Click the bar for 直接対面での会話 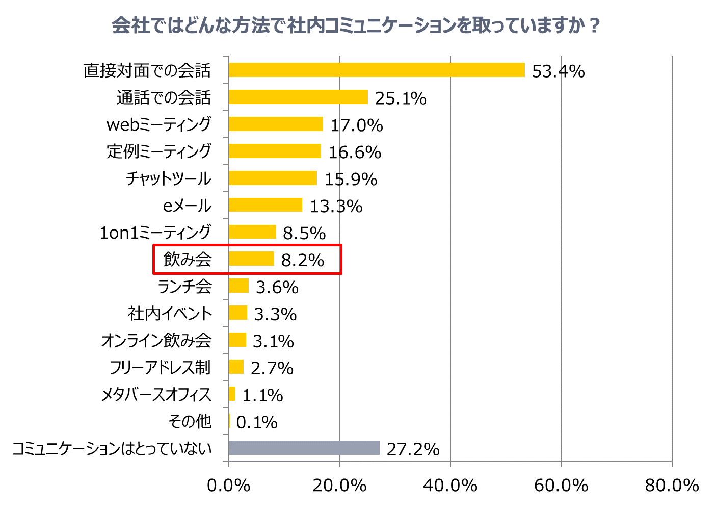(377, 70)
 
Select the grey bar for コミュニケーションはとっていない (304, 448)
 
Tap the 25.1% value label (401, 98)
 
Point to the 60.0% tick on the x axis (561, 486)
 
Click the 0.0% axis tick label (229, 486)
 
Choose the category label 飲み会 (188, 260)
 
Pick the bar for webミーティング (276, 124)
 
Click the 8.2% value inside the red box (303, 260)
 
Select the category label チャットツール (168, 178)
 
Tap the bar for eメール (266, 205)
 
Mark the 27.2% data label (413, 449)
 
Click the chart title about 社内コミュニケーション (356, 25)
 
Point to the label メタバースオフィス (156, 395)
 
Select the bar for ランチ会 (238, 286)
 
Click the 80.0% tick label (672, 486)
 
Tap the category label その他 (190, 422)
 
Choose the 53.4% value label (558, 71)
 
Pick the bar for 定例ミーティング (275, 151)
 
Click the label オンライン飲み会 (156, 341)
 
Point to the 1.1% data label (262, 395)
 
